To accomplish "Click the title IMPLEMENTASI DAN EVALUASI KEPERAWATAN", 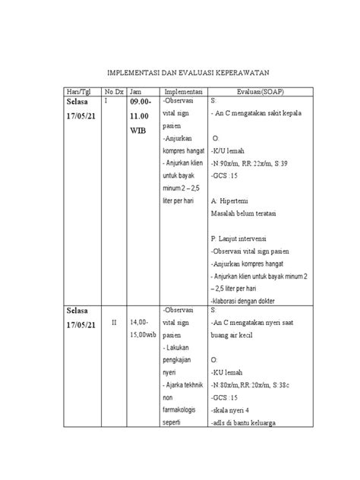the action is (179, 72).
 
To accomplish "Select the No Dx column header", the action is (113, 90).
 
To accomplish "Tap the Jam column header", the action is (135, 90).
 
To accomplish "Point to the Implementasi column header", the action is (183, 90).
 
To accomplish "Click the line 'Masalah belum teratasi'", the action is (242, 213).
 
